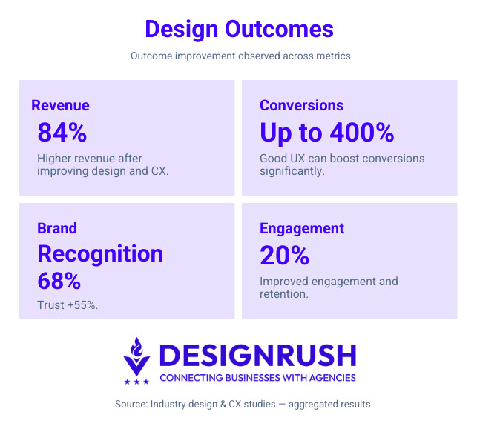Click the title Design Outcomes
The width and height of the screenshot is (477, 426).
point(239,29)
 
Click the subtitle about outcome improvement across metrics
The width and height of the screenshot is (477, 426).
point(239,56)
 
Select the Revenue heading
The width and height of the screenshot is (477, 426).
point(60,105)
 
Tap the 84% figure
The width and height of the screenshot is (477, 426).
point(62,133)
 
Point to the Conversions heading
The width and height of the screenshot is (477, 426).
point(301,105)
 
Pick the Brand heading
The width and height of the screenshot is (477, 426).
point(57,228)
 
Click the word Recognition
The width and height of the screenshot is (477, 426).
point(100,253)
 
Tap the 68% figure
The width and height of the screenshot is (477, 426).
point(59,281)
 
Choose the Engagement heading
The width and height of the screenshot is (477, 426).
point(302,228)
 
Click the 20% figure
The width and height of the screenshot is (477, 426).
point(284,255)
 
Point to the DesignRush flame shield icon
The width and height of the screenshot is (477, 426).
point(136,356)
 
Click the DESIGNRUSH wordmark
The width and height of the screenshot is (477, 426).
point(257,356)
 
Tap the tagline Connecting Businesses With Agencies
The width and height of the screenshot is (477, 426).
point(257,378)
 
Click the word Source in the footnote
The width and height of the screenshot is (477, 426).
point(131,404)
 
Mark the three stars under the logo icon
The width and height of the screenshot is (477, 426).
point(136,382)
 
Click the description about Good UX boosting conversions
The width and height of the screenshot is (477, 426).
point(342,164)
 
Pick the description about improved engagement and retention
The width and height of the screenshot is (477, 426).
point(329,287)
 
